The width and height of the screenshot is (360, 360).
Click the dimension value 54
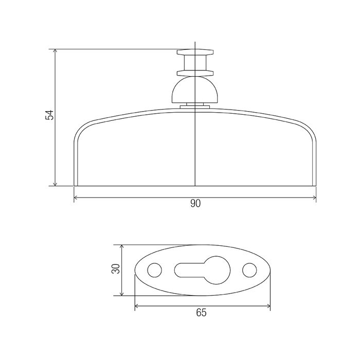[x=49, y=115]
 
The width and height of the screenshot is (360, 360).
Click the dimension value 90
[x=195, y=204]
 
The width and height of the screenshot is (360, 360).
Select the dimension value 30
[x=116, y=268]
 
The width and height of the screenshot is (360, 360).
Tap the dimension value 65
[x=202, y=313]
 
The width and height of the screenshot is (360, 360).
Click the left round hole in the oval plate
[x=154, y=270]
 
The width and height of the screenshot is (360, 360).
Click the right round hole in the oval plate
[x=249, y=270]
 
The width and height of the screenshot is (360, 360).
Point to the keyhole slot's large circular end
[x=217, y=270]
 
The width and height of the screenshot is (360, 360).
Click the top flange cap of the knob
[x=195, y=52]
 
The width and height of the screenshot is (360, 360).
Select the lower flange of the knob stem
[x=195, y=73]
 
